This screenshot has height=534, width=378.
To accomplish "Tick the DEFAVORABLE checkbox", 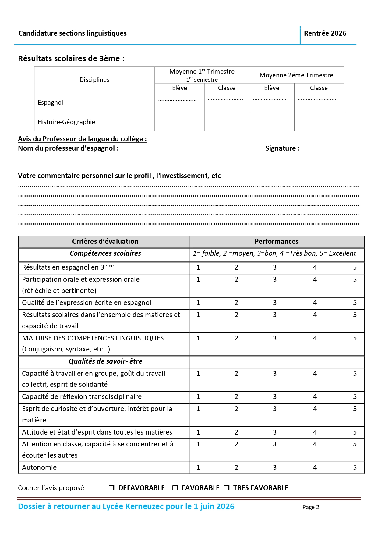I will click(111, 487).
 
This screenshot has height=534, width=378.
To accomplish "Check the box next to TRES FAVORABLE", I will click(227, 487).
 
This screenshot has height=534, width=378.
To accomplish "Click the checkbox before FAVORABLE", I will click(175, 487).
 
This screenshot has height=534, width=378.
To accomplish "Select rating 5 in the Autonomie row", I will click(355, 467).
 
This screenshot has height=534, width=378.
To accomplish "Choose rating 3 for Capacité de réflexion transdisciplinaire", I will click(274, 396).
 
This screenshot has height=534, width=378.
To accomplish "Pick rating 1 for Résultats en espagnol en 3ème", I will click(198, 267).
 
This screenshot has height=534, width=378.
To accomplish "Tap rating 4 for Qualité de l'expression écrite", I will click(315, 302).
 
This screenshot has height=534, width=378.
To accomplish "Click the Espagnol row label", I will click(50, 103).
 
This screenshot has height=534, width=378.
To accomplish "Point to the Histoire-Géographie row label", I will click(66, 122).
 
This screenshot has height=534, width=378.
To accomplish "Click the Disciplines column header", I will click(94, 80).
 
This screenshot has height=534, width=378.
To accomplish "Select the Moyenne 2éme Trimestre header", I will click(296, 75).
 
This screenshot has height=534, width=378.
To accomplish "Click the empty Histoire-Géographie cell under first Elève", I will click(179, 122).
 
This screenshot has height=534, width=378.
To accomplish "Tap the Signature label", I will click(282, 148).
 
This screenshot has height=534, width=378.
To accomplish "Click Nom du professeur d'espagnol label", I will click(68, 148).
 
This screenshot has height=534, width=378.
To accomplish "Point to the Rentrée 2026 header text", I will click(325, 33).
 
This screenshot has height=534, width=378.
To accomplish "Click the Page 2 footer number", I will click(311, 507).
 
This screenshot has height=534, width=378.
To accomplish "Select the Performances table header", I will click(276, 242).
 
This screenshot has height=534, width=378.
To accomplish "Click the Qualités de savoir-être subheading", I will click(105, 361).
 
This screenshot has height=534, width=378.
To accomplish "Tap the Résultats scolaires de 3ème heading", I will click(71, 58).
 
